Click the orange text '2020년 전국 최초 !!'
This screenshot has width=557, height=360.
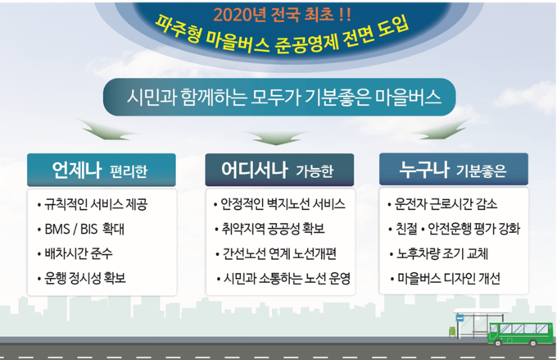click(x=283, y=15)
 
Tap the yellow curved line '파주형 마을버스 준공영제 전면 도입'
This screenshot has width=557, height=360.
click(x=283, y=40)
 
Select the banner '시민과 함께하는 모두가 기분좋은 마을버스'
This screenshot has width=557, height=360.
click(x=279, y=97)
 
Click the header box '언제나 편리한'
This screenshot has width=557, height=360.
click(x=102, y=170)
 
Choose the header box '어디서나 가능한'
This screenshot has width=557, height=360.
click(x=279, y=170)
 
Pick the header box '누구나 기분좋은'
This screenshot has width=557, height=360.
click(x=454, y=169)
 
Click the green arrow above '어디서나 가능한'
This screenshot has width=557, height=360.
click(x=276, y=138)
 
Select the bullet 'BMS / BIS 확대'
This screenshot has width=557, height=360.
click(x=80, y=229)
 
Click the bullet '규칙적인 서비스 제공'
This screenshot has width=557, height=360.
click(x=92, y=204)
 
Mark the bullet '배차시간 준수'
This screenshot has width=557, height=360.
click(x=75, y=253)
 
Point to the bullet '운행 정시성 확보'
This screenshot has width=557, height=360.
click(x=81, y=278)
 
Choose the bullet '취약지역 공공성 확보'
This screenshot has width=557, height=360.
click(x=269, y=229)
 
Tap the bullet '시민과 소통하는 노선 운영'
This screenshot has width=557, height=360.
click(x=283, y=278)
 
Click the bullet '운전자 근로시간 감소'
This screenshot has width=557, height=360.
click(x=442, y=204)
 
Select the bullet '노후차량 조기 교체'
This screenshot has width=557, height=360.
click(x=439, y=253)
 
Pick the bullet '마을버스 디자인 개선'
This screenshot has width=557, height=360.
click(x=445, y=278)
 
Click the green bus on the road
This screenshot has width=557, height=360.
click(x=521, y=334)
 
